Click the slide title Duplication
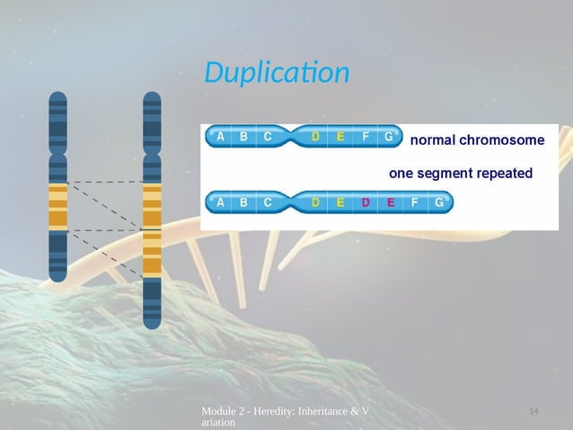[276, 72]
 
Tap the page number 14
[533, 411]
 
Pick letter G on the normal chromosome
[388, 138]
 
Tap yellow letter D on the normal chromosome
[315, 138]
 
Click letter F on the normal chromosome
[365, 138]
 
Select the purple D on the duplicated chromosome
[365, 202]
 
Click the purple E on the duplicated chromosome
[390, 202]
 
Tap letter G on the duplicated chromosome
[437, 202]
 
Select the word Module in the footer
[222, 411]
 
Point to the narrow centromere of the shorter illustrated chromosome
[58, 152]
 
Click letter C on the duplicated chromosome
[268, 202]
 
